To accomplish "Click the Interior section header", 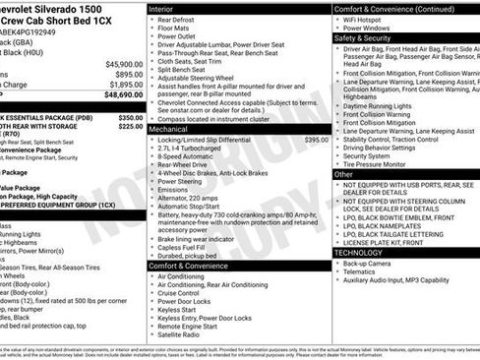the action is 162,8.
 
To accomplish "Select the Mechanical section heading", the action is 170,129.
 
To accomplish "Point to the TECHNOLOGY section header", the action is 359,253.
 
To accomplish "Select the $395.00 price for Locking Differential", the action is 316,141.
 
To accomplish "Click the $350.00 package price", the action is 130,117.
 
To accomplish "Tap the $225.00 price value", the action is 130,126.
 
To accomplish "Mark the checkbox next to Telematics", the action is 339,273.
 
